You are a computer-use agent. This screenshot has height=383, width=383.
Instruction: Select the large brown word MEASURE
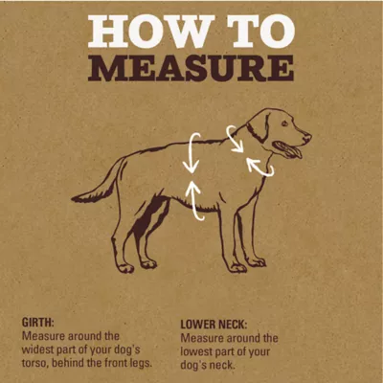[x=191, y=69]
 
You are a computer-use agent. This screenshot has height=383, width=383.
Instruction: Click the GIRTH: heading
[x=38, y=324]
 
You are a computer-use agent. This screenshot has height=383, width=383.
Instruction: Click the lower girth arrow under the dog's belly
[x=196, y=201]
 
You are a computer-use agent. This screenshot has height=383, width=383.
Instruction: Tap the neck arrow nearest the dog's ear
[x=236, y=139]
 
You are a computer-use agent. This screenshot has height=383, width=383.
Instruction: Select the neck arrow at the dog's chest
[x=259, y=167]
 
